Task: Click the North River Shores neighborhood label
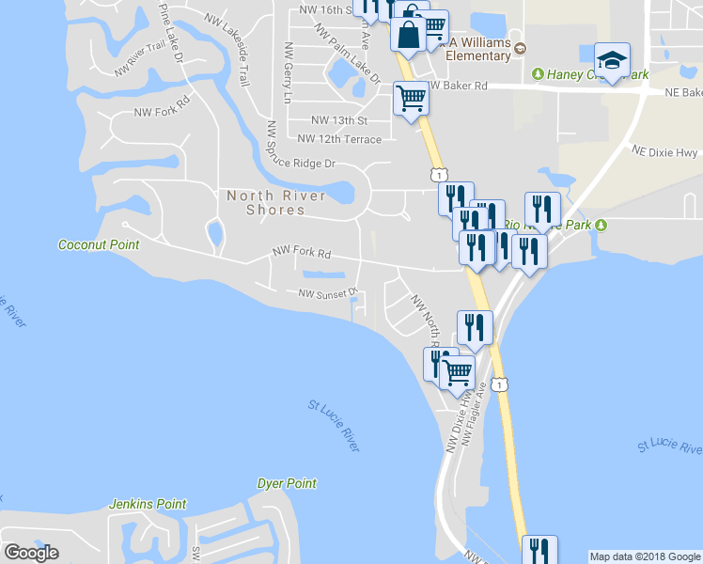coord(276,202)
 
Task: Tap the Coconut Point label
coord(99,245)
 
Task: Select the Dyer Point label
coord(287,483)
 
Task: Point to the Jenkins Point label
coord(148,504)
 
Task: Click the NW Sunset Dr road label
coord(329,293)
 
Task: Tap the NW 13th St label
coord(338,121)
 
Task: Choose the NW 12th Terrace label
coord(339,139)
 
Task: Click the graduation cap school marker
coord(612,62)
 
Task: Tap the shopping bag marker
coord(410,36)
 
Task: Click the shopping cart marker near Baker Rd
coord(411,97)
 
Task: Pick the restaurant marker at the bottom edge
coord(539,550)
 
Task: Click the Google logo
coord(31,553)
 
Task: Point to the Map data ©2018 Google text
coord(644,556)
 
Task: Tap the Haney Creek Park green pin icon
coord(538,73)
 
